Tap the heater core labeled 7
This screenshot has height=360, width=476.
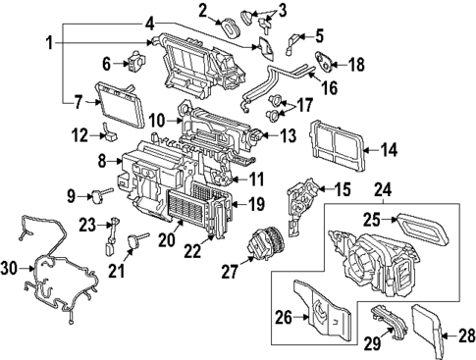tap(114, 101)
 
